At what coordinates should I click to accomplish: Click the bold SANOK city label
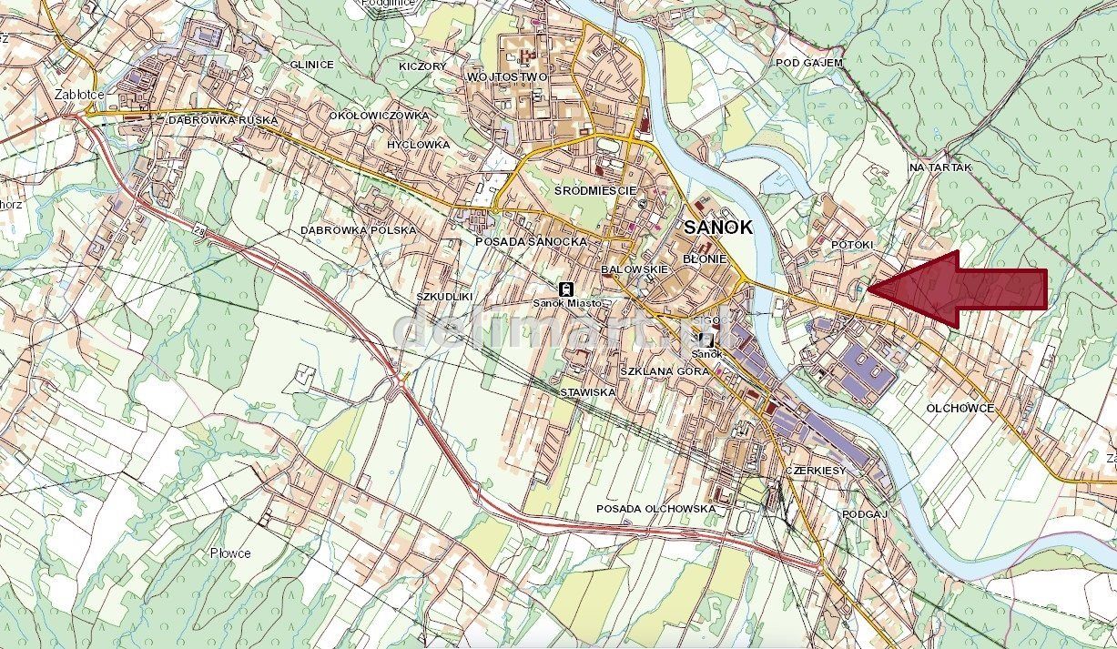pos(718,228)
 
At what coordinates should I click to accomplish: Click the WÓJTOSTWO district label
pos(507,76)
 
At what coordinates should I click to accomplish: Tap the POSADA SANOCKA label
pos(531,241)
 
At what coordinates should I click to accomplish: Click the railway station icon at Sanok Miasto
pos(565,287)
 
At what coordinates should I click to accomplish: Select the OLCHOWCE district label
pos(960,409)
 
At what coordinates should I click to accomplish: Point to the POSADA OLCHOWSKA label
pos(655,508)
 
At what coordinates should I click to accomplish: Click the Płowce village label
pos(229,553)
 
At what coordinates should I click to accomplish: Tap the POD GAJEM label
pos(809,63)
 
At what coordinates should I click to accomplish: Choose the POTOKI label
pos(852,246)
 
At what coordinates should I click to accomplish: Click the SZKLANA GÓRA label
pos(664,372)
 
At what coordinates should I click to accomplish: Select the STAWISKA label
pos(587,391)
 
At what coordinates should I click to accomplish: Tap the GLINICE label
pos(312,65)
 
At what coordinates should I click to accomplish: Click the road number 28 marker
pos(199,233)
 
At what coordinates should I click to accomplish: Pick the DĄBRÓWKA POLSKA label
pos(358,230)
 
